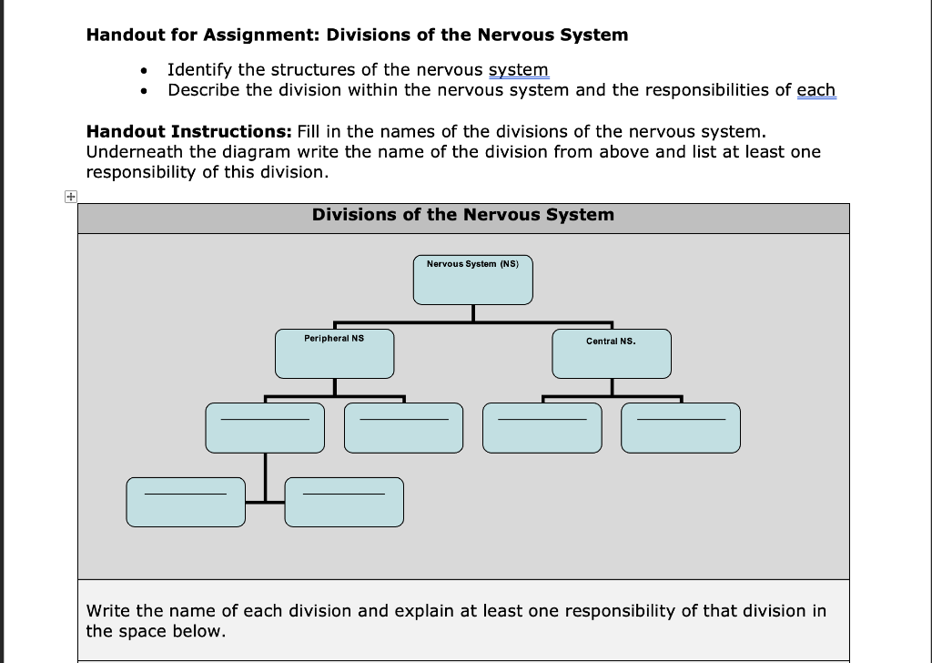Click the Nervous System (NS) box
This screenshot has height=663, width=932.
click(472, 280)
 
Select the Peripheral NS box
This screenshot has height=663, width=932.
click(334, 353)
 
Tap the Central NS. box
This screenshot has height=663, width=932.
click(612, 353)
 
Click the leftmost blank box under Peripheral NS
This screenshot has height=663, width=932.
click(265, 428)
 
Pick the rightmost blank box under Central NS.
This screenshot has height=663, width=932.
click(681, 428)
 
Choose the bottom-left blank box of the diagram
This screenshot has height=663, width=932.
click(186, 502)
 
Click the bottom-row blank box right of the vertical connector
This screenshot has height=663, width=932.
click(344, 502)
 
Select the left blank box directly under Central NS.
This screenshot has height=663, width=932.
click(542, 428)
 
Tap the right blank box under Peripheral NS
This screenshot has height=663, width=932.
click(403, 428)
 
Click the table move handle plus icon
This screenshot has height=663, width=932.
click(70, 196)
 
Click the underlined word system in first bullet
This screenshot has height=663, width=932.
click(519, 70)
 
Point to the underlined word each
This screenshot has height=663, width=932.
click(815, 90)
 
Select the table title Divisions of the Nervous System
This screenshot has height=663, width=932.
click(462, 215)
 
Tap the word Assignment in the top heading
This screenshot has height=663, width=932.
click(259, 36)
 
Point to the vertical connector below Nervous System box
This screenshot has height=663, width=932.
click(472, 312)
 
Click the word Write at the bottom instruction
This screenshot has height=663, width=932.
click(109, 611)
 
